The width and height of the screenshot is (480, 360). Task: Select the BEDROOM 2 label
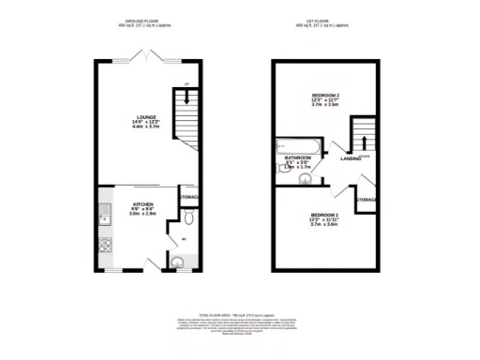pyautogui.click(x=324, y=97)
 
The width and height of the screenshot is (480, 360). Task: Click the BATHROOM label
pyautogui.click(x=298, y=157)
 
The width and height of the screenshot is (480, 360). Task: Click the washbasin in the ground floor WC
pyautogui.click(x=178, y=262)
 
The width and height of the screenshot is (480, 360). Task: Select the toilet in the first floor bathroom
pyautogui.click(x=305, y=176)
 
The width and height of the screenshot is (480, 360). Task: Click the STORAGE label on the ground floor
pyautogui.click(x=189, y=197)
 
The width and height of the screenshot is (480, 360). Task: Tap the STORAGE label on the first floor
pyautogui.click(x=367, y=200)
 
